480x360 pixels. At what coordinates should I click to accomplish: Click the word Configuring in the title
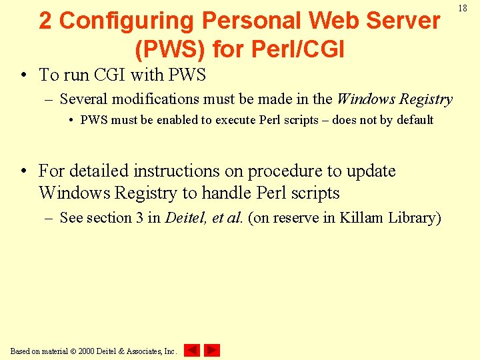point(125,21)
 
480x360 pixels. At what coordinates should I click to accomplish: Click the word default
point(415,121)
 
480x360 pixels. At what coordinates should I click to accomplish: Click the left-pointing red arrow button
point(192,350)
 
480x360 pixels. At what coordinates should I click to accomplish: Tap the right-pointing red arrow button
point(212,350)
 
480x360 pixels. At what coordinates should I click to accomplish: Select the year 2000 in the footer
point(87,351)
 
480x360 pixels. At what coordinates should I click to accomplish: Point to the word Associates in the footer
point(137,351)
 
